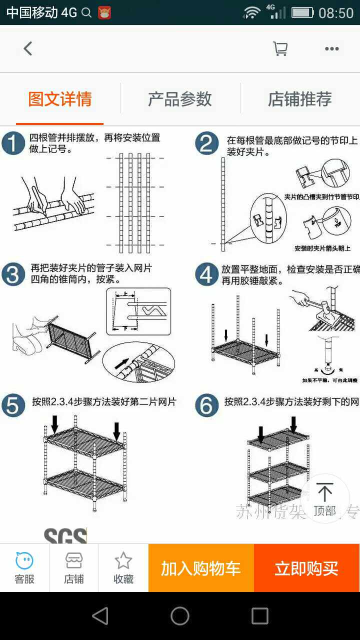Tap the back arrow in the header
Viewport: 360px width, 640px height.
pyautogui.click(x=28, y=48)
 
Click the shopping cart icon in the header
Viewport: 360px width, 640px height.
pyautogui.click(x=280, y=48)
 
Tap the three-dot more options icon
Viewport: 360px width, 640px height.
pyautogui.click(x=332, y=48)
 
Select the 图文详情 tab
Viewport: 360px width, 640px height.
pyautogui.click(x=60, y=99)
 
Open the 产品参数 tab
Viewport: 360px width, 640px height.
pyautogui.click(x=180, y=99)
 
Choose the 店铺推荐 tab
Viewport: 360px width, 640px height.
pyautogui.click(x=300, y=99)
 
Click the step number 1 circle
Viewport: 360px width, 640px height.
pyautogui.click(x=13, y=144)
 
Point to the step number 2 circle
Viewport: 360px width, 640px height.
pyautogui.click(x=207, y=144)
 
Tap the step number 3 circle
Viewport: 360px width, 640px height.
pyautogui.click(x=13, y=274)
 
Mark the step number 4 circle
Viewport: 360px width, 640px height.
pyautogui.click(x=207, y=274)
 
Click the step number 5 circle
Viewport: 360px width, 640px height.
pyautogui.click(x=13, y=405)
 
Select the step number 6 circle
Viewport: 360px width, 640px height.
pyautogui.click(x=207, y=405)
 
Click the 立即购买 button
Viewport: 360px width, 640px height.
pyautogui.click(x=306, y=568)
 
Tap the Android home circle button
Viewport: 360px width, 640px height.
pyautogui.click(x=180, y=616)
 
